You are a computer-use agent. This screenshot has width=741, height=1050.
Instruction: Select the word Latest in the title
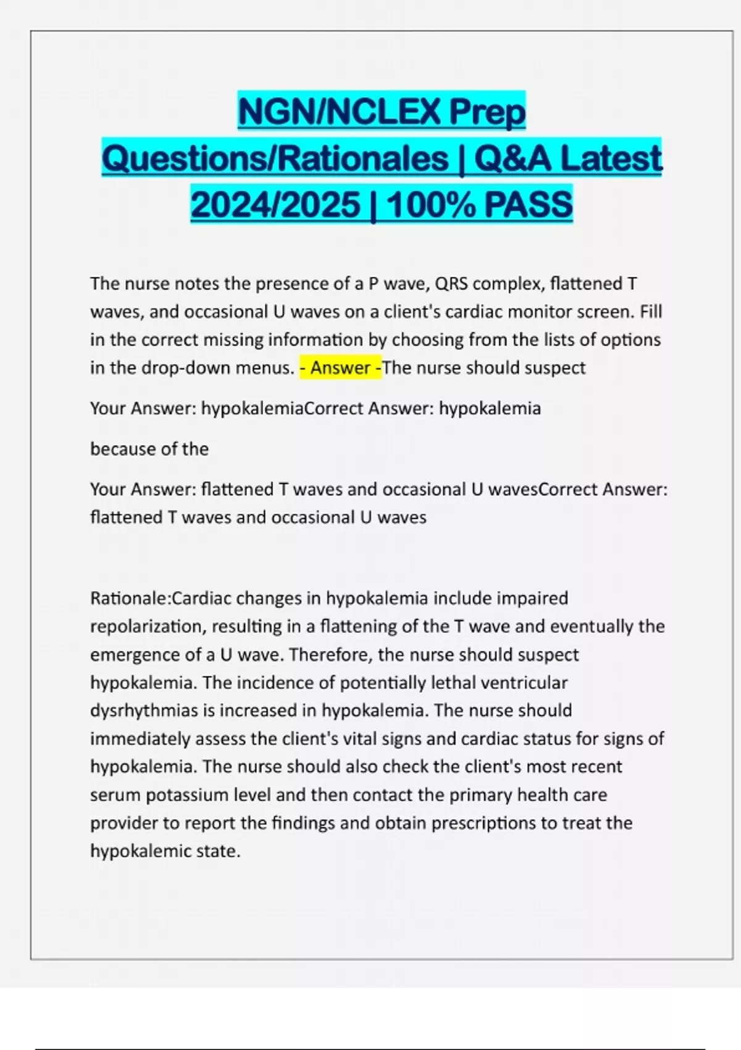(611, 158)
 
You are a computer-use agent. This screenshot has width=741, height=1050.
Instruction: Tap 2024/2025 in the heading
(275, 204)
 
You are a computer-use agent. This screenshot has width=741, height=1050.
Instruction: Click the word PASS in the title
(529, 204)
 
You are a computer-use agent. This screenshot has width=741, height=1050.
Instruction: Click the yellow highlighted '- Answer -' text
(340, 368)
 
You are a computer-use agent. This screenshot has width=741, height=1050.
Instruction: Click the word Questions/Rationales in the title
(275, 158)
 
